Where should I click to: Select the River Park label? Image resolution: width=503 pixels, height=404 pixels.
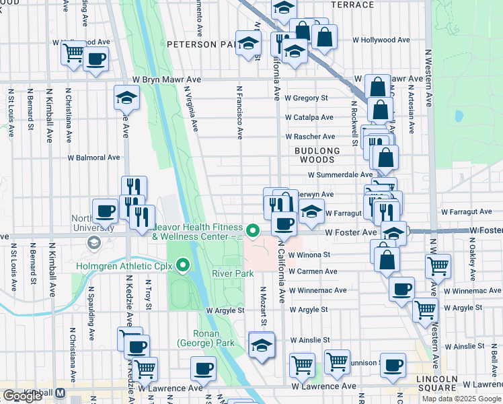(x=233, y=274)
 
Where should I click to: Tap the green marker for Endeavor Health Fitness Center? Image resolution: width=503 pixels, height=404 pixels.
(x=253, y=231)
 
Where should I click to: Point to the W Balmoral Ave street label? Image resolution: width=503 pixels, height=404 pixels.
(x=93, y=158)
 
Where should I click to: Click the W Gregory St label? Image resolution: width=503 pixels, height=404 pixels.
(x=306, y=98)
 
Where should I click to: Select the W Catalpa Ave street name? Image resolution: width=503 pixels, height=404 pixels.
(x=309, y=117)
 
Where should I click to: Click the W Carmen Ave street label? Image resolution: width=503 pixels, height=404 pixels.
(x=313, y=271)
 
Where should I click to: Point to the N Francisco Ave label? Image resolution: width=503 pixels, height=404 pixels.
(x=239, y=112)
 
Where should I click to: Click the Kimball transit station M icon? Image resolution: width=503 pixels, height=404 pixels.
(x=60, y=393)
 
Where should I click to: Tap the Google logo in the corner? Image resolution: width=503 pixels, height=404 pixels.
(x=22, y=396)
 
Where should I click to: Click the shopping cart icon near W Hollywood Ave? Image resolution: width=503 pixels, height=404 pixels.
(x=73, y=53)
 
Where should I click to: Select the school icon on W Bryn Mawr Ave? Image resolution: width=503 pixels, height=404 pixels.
(x=126, y=97)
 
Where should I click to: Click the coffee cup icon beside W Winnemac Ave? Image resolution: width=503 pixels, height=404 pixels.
(x=401, y=288)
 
